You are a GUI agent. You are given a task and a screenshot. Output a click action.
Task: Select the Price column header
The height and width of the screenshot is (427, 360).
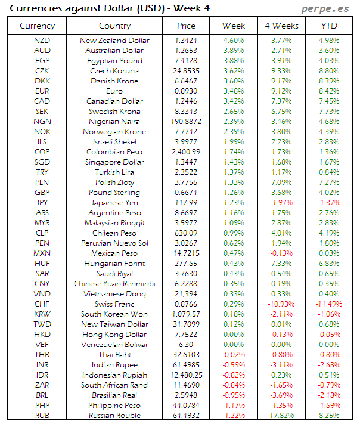[186, 26]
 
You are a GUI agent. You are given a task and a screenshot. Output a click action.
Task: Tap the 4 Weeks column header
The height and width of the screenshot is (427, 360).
[281, 26]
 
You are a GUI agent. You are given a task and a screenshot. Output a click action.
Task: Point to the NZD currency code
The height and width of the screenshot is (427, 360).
[42, 41]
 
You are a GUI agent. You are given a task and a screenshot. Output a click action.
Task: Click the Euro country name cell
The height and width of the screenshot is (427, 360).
[114, 91]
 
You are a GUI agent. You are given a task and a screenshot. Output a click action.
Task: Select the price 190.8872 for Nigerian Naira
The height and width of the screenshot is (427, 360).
[186, 122]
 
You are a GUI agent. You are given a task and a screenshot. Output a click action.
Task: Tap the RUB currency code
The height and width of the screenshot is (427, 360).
[42, 416]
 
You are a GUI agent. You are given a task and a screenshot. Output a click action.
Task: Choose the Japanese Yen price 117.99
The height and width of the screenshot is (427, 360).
[186, 203]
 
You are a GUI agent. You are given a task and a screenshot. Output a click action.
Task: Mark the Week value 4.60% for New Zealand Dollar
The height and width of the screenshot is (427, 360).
[233, 41]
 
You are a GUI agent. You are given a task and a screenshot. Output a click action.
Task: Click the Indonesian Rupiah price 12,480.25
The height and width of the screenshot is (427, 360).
[186, 375]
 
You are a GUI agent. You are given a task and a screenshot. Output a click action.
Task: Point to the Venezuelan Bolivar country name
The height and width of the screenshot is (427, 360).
[114, 345]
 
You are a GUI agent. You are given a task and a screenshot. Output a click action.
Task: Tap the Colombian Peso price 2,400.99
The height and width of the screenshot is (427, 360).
[186, 152]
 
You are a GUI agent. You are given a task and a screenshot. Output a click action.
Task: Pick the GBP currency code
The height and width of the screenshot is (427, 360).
[42, 193]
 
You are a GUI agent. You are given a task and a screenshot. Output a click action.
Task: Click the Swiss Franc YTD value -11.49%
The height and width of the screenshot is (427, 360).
[327, 304]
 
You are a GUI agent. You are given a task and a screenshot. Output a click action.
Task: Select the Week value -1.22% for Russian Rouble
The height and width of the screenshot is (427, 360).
[233, 416]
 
